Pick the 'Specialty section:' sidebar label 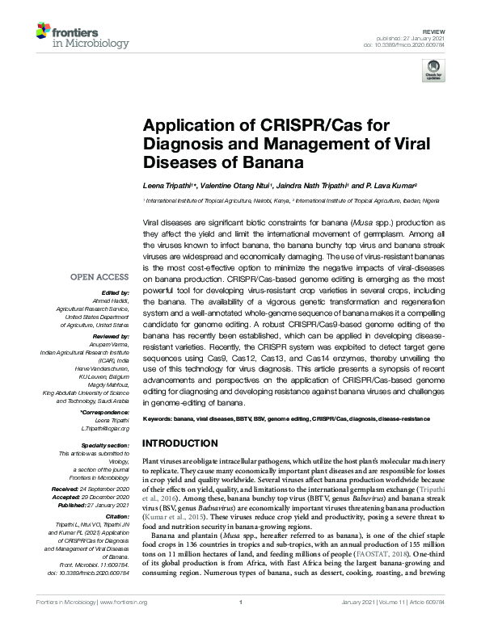click(x=105, y=445)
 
